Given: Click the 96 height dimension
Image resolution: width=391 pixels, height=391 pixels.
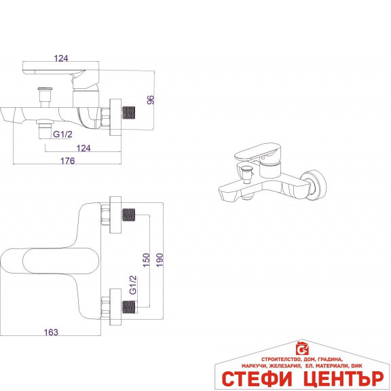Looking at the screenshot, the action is point(151,100).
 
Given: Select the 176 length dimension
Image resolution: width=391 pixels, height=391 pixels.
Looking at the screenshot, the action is point(68,161).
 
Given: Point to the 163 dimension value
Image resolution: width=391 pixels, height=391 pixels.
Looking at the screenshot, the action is point(51,332).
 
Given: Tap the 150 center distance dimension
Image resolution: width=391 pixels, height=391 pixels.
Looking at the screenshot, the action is point(147,260).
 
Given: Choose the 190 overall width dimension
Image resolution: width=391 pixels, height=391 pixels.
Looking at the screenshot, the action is point(160,260).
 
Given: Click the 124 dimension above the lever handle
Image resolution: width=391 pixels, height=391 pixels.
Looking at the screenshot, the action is point(61,58).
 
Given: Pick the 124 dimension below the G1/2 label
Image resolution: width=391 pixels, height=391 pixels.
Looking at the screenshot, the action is point(83,148).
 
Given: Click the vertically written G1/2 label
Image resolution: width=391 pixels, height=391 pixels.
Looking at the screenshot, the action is point(134,285).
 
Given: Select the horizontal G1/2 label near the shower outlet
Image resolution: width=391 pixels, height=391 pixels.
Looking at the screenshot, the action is point(62,134).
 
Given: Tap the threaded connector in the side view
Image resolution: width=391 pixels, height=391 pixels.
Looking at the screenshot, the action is point(129,112).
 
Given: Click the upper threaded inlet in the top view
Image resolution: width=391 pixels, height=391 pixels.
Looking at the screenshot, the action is point(129,215).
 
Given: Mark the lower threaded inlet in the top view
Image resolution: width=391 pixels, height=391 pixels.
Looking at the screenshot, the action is point(129,307).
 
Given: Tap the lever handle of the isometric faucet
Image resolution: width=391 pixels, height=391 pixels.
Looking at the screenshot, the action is point(257,151).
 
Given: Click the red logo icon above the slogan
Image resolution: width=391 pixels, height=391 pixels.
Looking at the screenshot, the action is point(302,348).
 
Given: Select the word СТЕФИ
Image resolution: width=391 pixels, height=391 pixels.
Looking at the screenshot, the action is point(257,379).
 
